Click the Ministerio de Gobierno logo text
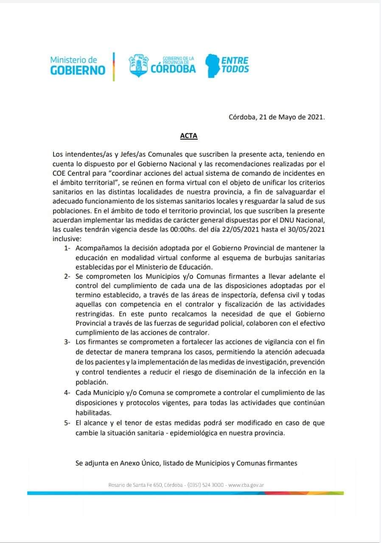pos(78,65)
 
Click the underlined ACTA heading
pos(188,137)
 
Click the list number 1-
pos(67,248)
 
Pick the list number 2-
pos(67,276)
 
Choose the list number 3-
pos(67,341)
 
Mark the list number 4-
pos(67,393)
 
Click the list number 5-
pos(67,423)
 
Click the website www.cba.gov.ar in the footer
pos(247,484)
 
